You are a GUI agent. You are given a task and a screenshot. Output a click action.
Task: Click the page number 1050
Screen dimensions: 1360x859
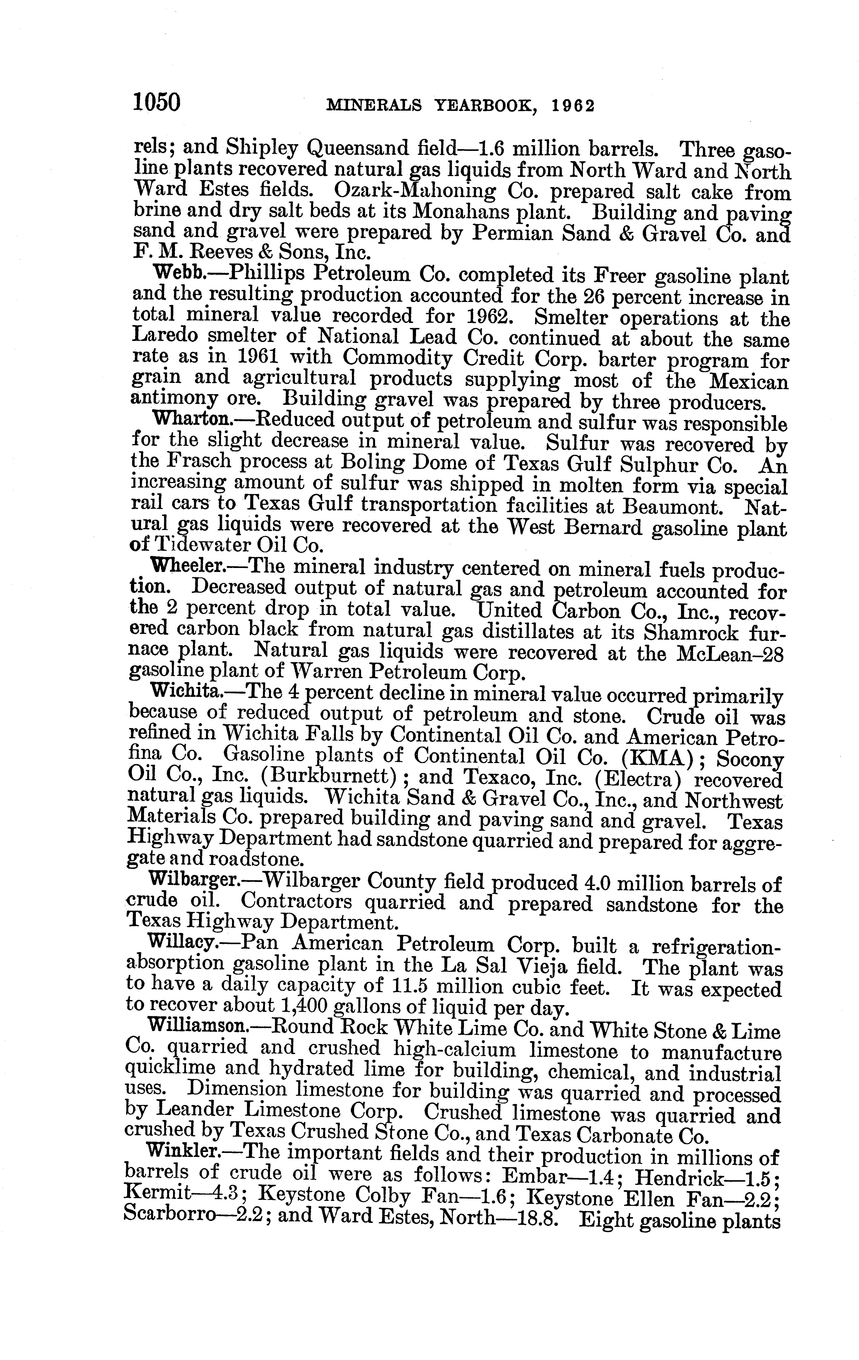coord(156,103)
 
